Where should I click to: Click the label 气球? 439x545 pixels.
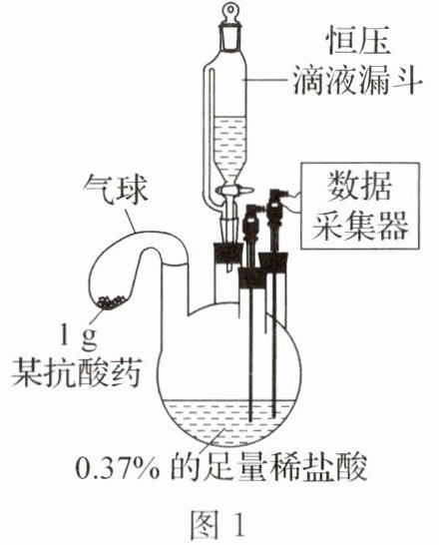tap(116, 191)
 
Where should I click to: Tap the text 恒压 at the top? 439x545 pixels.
tap(357, 42)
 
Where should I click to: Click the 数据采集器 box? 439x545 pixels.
tap(360, 206)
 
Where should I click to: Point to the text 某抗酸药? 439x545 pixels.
tap(77, 372)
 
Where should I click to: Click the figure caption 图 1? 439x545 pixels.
tap(218, 523)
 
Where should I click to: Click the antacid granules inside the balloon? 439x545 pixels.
tap(111, 302)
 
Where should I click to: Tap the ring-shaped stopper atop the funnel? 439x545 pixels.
tap(229, 10)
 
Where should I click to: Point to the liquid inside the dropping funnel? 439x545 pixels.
tap(229, 146)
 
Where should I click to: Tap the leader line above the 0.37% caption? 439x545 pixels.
tap(217, 438)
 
